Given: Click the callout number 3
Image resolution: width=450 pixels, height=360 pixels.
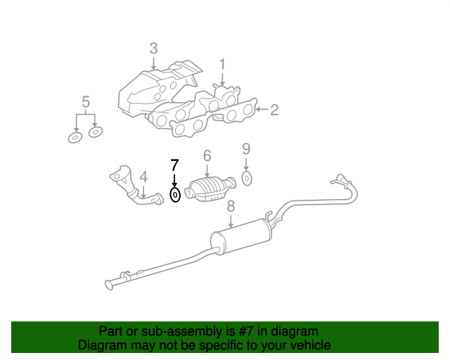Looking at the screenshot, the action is (x=153, y=49).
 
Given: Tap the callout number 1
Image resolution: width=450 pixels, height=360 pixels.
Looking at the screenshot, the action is (x=222, y=65).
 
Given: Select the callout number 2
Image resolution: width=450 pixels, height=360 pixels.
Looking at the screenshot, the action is (x=274, y=110).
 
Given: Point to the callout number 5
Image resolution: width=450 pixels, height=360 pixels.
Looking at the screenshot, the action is (x=86, y=102).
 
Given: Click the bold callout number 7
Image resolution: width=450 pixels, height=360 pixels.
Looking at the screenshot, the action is (x=174, y=165).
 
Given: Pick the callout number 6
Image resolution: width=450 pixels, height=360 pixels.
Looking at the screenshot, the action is (x=207, y=156).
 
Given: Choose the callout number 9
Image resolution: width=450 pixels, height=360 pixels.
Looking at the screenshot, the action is (x=246, y=149).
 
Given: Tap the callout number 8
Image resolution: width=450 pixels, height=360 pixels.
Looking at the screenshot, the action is (x=231, y=207).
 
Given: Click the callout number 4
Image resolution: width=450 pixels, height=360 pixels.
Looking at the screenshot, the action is (x=143, y=177).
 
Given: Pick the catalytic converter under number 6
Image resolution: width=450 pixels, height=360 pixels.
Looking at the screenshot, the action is (x=211, y=189).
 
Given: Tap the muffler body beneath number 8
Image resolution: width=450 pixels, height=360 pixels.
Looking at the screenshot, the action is (x=241, y=236).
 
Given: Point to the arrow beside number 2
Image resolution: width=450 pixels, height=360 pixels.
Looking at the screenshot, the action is (x=262, y=110).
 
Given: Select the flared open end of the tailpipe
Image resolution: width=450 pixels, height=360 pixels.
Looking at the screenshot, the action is (x=109, y=285).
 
